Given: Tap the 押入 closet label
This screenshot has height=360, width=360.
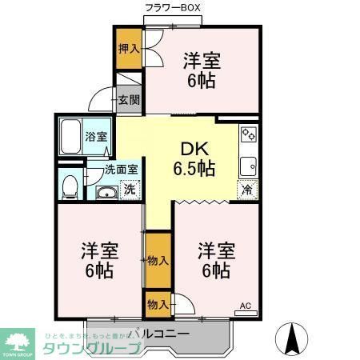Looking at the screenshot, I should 128,48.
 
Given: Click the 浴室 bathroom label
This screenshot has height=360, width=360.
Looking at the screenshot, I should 97,137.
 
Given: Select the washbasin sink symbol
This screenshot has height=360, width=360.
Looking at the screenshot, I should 106,192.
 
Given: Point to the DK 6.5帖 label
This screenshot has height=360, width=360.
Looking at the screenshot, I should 194,158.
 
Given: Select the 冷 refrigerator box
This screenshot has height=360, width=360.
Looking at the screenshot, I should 247,191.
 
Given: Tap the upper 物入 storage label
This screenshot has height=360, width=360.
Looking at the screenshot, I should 158,260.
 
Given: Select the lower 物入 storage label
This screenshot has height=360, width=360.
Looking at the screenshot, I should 158,304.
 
